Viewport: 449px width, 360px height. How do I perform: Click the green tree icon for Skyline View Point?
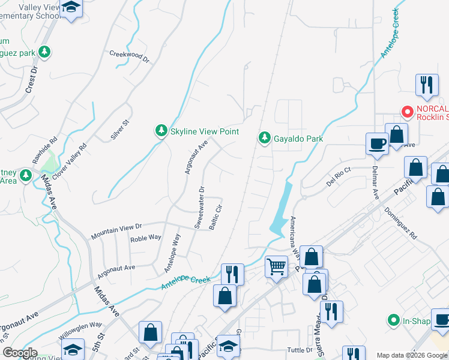click(161, 131)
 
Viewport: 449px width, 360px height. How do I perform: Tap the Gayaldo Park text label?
click(298, 139)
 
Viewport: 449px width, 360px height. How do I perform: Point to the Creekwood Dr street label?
click(129, 55)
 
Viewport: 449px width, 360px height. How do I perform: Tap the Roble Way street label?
click(146, 238)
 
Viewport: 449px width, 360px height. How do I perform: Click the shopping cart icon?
click(276, 265)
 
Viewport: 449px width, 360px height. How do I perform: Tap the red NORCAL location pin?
click(408, 111)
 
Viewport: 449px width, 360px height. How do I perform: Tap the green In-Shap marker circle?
click(394, 320)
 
